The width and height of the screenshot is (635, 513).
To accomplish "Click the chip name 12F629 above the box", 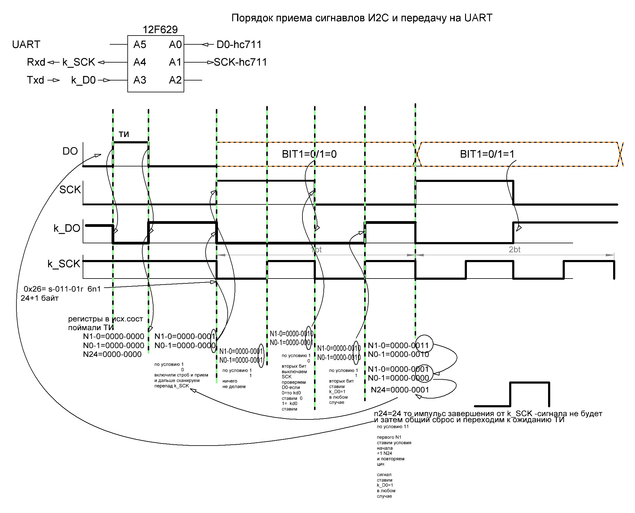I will (x=160, y=29).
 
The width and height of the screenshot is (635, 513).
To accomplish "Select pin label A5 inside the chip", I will (x=140, y=45).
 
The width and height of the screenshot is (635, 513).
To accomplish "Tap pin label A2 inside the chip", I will (x=175, y=80).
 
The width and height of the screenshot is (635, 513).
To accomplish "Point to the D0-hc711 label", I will (x=239, y=45).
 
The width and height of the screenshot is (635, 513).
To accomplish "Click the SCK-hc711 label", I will (x=240, y=62).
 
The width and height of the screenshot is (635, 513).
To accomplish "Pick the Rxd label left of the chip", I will (x=36, y=62).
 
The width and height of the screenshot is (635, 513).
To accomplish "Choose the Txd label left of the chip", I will (x=36, y=80).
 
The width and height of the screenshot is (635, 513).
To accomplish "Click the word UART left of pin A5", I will (x=26, y=45).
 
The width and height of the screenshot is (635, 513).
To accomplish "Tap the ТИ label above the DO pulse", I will (x=124, y=134).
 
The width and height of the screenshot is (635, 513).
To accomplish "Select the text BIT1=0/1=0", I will (x=309, y=154).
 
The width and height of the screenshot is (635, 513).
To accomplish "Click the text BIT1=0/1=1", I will (x=487, y=154).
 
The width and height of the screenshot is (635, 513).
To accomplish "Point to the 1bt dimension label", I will (x=316, y=250).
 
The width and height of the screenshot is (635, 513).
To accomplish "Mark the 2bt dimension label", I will (x=515, y=250).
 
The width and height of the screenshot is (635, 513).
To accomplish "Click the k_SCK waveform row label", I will (x=64, y=264).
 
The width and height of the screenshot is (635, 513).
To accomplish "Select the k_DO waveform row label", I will (x=67, y=228).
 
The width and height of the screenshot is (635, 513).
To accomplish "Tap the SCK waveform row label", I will (x=70, y=190).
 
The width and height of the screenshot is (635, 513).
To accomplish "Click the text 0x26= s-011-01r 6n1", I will (x=62, y=289).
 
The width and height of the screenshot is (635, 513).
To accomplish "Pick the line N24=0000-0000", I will (x=112, y=354).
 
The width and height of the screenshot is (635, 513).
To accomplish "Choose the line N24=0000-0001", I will (x=400, y=390).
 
